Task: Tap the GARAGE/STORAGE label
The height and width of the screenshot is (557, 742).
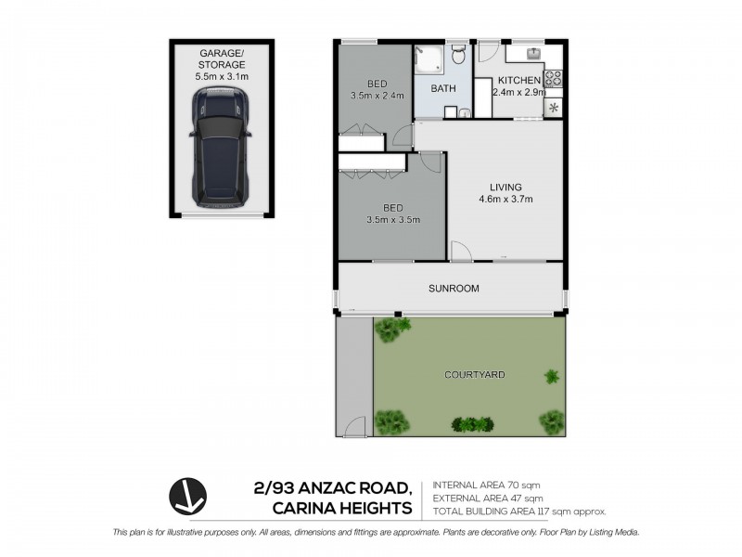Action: click(x=221, y=59)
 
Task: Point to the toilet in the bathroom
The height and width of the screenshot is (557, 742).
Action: click(x=458, y=58)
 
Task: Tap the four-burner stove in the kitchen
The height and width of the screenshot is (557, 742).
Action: click(x=554, y=79)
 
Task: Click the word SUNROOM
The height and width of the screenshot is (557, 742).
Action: click(x=454, y=289)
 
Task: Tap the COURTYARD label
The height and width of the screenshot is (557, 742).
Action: click(x=474, y=375)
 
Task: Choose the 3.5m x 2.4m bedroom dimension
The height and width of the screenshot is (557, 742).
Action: click(x=376, y=96)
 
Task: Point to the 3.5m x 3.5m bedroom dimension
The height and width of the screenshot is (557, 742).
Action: click(x=393, y=220)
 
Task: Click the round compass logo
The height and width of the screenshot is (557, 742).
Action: click(x=187, y=497)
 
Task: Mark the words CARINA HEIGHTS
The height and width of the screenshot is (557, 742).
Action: click(x=342, y=507)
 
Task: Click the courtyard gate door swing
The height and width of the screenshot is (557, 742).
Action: click(x=353, y=427)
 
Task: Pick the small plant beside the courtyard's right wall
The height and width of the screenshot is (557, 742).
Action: click(x=552, y=377)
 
